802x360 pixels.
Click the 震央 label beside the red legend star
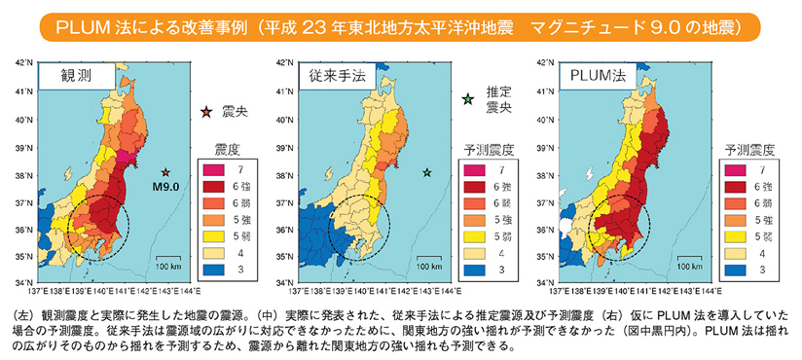point(235,112)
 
